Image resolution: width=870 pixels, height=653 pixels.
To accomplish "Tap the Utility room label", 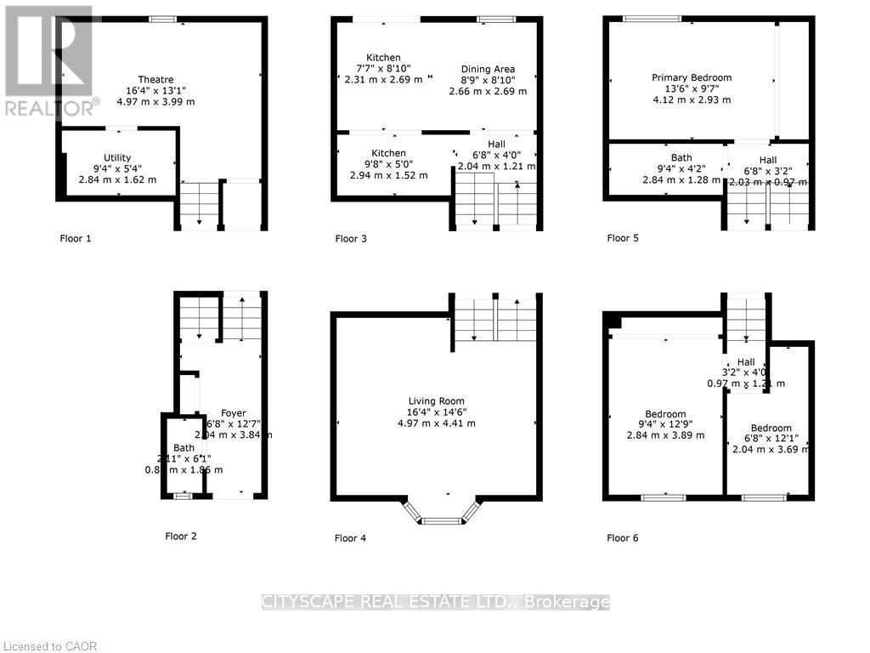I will (117, 158).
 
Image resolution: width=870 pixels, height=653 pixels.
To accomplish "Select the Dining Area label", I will (488, 70).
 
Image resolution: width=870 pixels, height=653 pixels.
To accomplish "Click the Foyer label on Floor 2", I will (234, 414).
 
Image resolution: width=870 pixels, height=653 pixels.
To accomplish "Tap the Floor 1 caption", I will (75, 239).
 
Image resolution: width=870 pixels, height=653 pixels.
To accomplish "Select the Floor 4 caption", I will (350, 537).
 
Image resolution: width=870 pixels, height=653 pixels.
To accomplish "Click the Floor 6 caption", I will (622, 537).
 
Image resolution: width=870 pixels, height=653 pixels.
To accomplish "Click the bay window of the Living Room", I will (437, 514).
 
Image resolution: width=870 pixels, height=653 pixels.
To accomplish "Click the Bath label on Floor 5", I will (681, 158).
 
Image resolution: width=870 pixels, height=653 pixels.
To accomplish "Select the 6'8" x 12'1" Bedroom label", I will (771, 429).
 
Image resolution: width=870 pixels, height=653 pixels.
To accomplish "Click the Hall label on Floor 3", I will (496, 145).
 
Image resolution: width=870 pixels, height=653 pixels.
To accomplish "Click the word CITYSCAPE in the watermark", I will (308, 603).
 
